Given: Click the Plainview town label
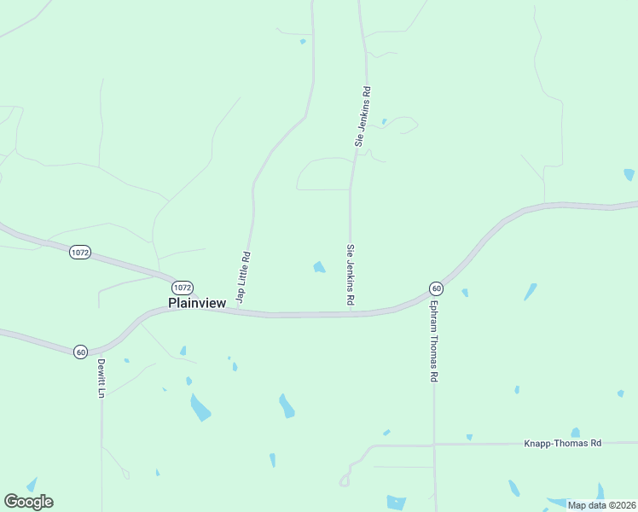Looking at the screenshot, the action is click(197, 302).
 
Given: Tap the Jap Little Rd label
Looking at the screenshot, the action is click(243, 276).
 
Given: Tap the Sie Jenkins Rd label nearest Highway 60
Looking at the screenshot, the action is click(350, 275).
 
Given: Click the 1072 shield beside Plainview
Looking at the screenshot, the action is click(182, 287).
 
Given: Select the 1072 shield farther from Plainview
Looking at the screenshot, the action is click(80, 253).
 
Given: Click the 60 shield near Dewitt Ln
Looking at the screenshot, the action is click(80, 351).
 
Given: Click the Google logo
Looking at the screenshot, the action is click(28, 502).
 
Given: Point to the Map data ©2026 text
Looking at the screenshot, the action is click(601, 505).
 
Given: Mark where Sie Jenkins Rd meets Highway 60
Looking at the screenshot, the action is click(350, 313).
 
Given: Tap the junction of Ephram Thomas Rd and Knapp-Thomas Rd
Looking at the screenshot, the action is click(434, 444).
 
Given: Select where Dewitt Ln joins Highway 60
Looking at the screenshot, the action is click(101, 349).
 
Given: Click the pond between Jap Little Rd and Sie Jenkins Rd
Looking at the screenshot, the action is click(319, 267).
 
